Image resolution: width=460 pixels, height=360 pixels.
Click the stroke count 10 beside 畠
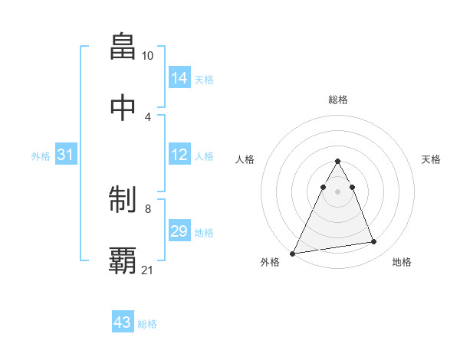(x=147, y=56)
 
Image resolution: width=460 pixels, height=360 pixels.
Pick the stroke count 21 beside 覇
(x=148, y=270)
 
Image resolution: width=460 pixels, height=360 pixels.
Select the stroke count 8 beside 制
(x=147, y=208)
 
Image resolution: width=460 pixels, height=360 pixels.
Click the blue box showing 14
(x=179, y=77)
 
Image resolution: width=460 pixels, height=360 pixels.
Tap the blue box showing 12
(x=179, y=155)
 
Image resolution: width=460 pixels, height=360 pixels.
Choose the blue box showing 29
(x=179, y=231)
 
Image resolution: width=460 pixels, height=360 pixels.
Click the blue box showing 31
(x=66, y=155)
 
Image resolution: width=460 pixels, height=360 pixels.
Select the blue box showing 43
(x=123, y=322)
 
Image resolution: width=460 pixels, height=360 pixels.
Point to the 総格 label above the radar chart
(x=338, y=100)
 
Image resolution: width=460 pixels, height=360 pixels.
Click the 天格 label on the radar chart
(x=431, y=159)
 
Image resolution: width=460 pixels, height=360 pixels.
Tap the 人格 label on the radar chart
(x=245, y=159)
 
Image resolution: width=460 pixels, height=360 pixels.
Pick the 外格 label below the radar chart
(x=270, y=263)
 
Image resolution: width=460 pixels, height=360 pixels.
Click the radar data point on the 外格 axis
(x=293, y=253)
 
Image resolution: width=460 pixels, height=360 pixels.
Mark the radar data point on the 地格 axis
(x=374, y=242)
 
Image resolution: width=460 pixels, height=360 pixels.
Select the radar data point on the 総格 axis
(x=337, y=161)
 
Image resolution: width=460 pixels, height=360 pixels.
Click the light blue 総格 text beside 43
(x=147, y=324)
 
